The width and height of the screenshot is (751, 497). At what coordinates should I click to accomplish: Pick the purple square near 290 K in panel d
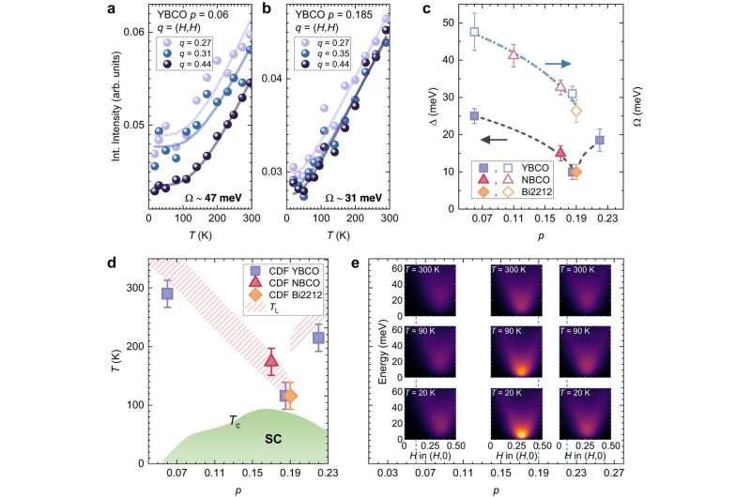coord(167,294)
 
